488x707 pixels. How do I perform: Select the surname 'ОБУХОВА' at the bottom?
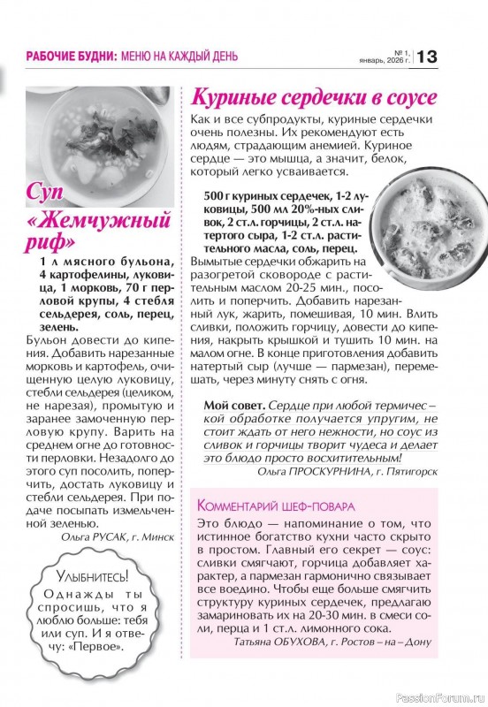tap(309, 642)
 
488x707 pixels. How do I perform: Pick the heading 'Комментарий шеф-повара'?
tap(276, 506)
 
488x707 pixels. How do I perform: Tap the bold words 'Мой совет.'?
tap(233, 404)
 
